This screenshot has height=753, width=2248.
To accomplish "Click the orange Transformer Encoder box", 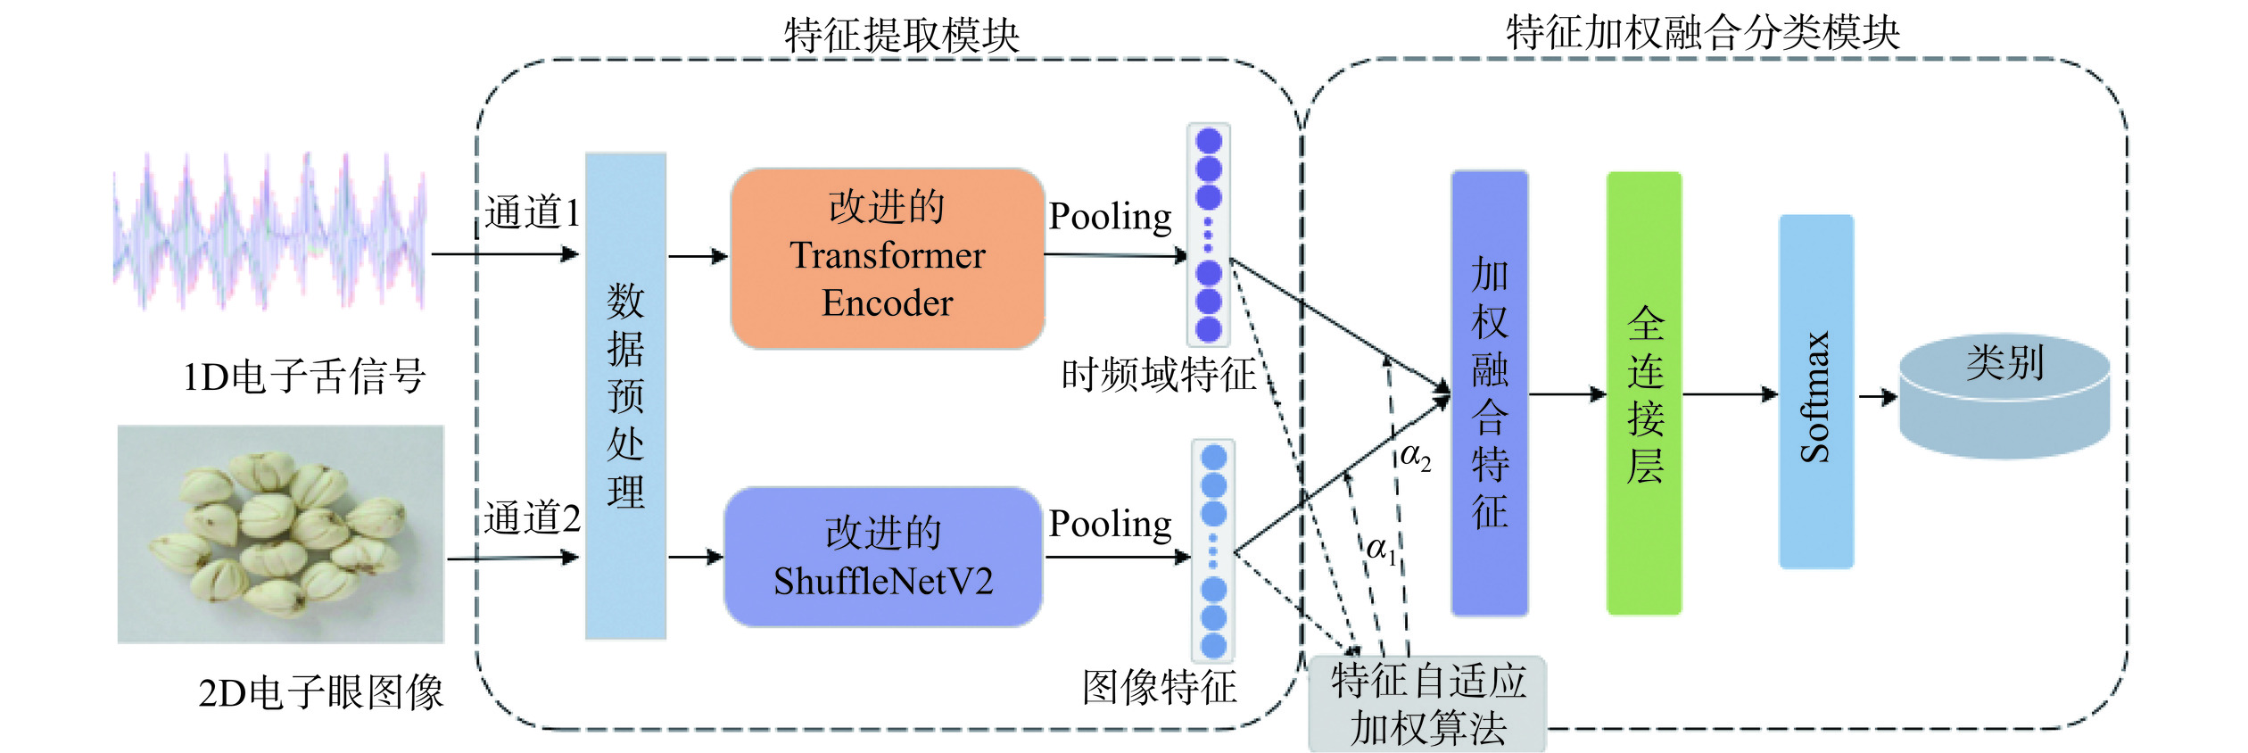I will point(887,258).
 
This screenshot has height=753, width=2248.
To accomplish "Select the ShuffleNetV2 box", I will point(882,557).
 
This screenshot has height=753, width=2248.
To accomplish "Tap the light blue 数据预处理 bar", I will point(625,396).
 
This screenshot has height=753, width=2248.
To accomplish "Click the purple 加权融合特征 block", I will point(1489,393).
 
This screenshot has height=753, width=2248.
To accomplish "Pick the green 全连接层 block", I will point(1643,393).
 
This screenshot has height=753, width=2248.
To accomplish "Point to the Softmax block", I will point(1815,392).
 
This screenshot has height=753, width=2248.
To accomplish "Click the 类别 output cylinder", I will point(2004,396).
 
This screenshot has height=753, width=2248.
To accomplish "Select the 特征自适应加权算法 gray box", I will point(1427,705).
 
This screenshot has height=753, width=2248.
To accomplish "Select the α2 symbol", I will point(1415,457).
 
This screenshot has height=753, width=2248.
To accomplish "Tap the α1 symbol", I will point(1381,549).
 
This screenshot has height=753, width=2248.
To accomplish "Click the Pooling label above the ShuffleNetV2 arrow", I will point(1110,524).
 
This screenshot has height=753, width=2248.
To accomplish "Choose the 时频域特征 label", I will point(1158,375).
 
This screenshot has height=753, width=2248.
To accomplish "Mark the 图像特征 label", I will point(1159,688).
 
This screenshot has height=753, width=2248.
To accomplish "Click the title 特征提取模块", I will point(901,36).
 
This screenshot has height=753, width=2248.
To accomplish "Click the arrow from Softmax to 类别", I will point(1877,397).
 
